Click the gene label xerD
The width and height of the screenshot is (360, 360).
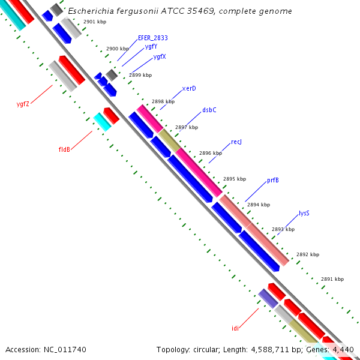[189, 88]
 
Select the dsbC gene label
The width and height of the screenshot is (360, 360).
[209, 110]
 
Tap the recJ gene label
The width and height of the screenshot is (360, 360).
[236, 142]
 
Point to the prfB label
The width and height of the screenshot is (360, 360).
[272, 180]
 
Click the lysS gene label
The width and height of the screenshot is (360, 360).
[304, 213]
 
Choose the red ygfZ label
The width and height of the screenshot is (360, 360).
[23, 104]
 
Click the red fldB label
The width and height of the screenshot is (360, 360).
[65, 149]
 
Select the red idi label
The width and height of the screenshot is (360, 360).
[235, 328]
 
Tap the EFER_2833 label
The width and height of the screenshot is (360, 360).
[153, 38]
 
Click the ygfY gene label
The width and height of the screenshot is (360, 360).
[151, 46]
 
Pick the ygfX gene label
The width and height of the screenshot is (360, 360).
[160, 56]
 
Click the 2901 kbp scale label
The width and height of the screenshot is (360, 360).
[95, 22]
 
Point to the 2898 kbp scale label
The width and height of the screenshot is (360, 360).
[163, 101]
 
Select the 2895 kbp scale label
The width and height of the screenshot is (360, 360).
[234, 179]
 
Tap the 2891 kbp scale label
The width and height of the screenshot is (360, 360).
[332, 279]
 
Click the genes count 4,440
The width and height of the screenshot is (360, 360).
[344, 349]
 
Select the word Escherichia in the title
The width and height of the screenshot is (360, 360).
[92, 11]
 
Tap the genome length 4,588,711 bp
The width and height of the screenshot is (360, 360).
[269, 349]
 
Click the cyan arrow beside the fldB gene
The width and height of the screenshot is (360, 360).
[102, 121]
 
